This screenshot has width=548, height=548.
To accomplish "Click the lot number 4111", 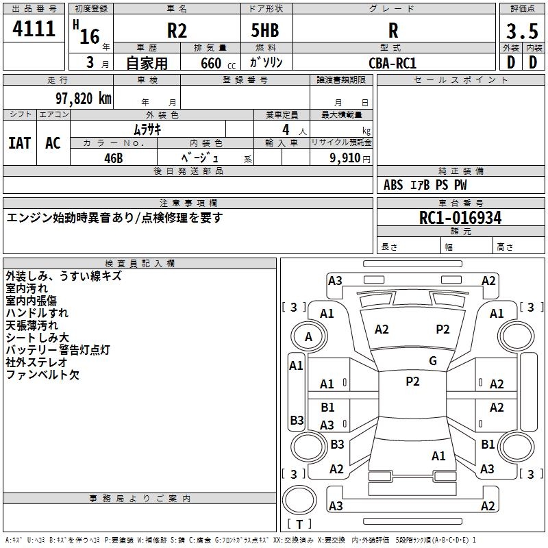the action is pos(34,30).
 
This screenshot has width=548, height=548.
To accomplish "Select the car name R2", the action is pos(177,31).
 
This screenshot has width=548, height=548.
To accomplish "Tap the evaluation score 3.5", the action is pos(521,32).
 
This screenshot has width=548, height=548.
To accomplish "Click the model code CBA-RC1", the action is pos(393,63).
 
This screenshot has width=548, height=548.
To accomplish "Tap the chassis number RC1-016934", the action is pos(460,219).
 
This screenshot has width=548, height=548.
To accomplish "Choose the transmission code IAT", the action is pos(20,143).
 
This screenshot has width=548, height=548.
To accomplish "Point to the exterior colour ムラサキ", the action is pos(147,129).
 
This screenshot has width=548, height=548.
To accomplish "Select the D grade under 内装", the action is pos(533,62).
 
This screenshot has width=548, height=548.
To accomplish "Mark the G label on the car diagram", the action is pos(433,361).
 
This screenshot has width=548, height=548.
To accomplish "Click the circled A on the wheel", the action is pos(308,337).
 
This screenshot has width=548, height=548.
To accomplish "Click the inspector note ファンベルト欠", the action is pos(42,375).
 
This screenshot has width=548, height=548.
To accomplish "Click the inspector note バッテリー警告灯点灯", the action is pos(58,350).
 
